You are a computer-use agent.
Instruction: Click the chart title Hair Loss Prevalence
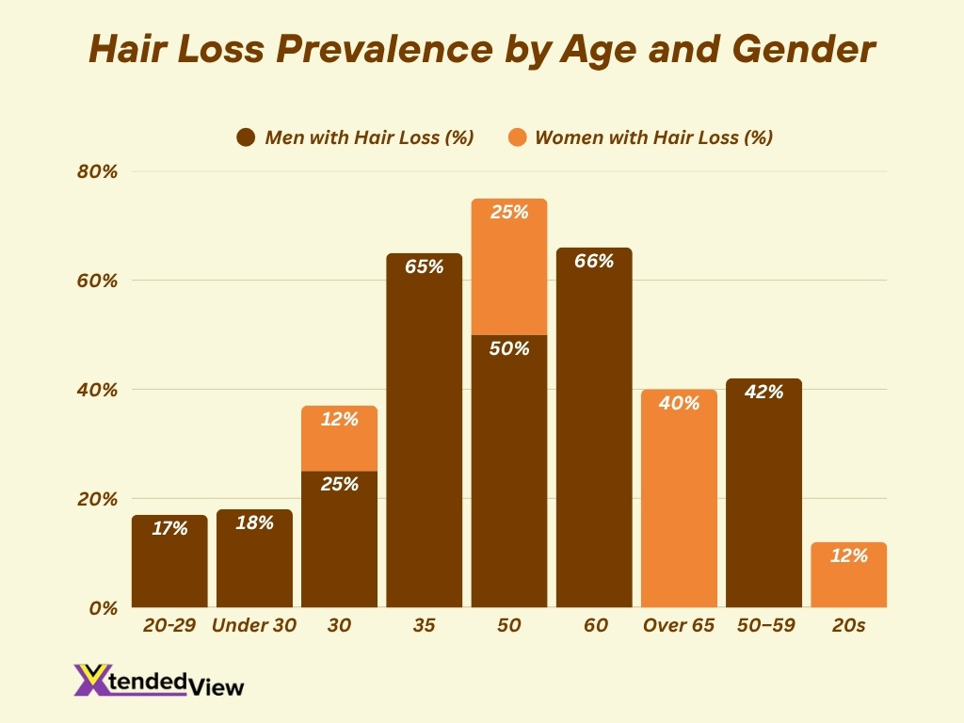tap(481, 50)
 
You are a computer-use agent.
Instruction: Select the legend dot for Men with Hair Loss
tap(247, 137)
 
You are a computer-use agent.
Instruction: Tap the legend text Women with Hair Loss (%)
tap(653, 137)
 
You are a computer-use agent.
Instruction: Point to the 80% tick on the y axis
tap(98, 171)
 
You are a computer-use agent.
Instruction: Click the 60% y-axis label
tap(98, 281)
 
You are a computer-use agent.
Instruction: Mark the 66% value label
tap(594, 262)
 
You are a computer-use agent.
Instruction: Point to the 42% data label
tap(763, 392)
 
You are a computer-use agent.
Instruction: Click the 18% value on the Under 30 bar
tap(254, 523)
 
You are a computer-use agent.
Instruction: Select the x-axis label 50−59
tap(763, 626)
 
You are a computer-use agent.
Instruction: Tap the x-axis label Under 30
tap(254, 626)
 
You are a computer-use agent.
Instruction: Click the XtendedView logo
tap(158, 681)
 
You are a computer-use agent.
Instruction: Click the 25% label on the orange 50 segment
tap(509, 213)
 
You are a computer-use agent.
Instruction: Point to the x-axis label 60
tap(594, 626)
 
